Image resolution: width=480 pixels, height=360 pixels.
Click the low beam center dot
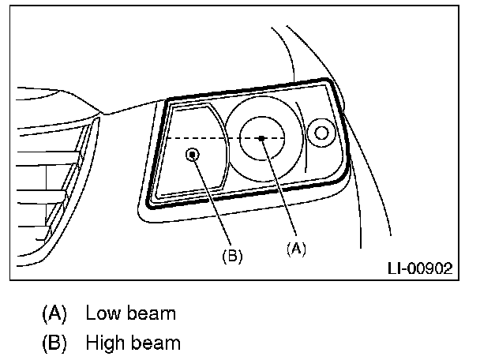(x=261, y=137)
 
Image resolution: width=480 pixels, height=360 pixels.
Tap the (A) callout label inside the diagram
(x=295, y=247)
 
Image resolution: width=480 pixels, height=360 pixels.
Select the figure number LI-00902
(x=419, y=268)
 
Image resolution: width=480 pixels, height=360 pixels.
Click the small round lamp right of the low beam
(x=321, y=133)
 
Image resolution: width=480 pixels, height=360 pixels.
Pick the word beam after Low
(x=148, y=313)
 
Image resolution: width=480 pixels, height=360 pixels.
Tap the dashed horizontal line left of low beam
(x=201, y=137)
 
